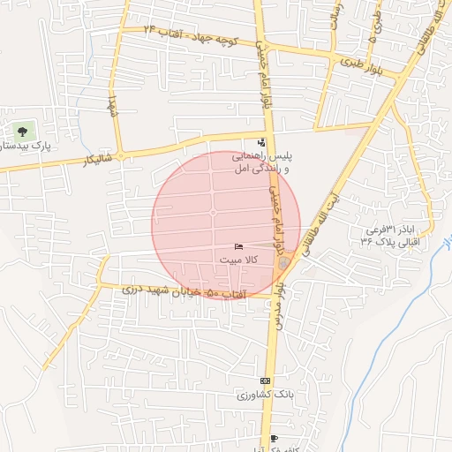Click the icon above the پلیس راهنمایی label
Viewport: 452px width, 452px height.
point(260,142)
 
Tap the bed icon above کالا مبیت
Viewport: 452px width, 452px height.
point(237,246)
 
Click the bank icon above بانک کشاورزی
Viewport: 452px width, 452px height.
point(266,380)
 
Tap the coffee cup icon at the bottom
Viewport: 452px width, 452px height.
point(274,438)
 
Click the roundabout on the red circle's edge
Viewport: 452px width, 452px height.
point(283,262)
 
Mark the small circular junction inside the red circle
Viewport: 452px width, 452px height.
point(213,213)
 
